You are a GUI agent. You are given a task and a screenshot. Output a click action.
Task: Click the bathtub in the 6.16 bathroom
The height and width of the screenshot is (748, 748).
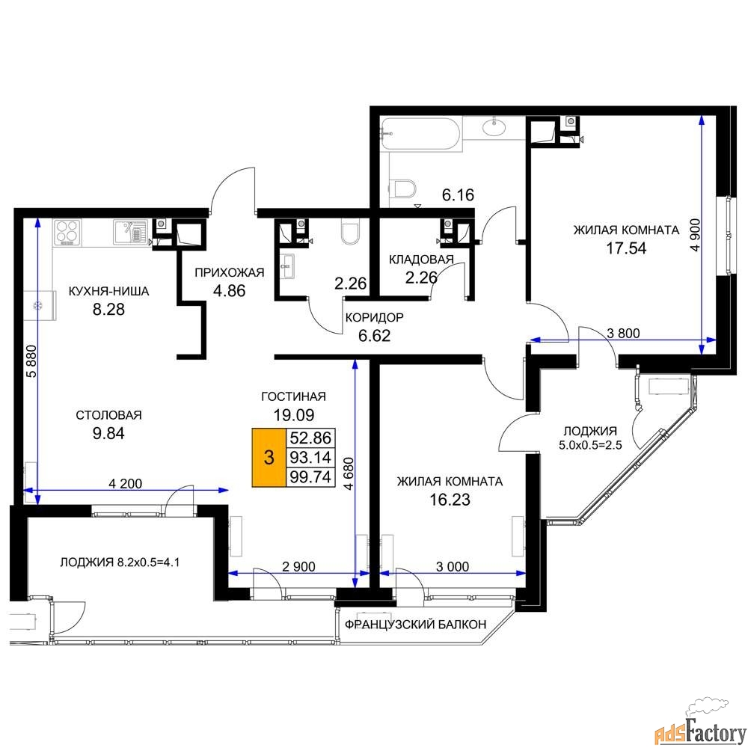coord(420,135)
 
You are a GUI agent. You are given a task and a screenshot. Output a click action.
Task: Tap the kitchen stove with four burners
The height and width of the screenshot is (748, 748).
coord(67,233)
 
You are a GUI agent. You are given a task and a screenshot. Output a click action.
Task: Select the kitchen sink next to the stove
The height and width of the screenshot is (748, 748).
coord(129,233)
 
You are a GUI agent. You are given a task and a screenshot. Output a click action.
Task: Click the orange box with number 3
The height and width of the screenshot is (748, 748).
coord(269,458)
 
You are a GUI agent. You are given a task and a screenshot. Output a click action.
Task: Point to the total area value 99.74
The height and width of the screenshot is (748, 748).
coord(310,476)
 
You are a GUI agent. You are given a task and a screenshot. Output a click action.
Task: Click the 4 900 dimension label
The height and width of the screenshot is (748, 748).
coord(696,235)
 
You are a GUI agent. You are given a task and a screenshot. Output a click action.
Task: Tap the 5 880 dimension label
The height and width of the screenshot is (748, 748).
coord(31,361)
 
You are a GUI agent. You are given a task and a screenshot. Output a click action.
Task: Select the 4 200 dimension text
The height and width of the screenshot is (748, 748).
coord(126,484)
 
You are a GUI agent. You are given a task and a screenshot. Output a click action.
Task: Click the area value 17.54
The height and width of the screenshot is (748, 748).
coord(626,248)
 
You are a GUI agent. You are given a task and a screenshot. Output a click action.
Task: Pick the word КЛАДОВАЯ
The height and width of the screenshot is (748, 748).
coord(421,260)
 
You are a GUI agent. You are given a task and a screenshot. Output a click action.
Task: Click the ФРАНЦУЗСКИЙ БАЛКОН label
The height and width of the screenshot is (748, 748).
coord(415,624)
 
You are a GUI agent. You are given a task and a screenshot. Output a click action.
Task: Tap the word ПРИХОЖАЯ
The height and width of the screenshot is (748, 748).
coord(229,272)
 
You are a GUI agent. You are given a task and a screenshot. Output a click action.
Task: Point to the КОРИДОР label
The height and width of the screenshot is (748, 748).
coord(375,317)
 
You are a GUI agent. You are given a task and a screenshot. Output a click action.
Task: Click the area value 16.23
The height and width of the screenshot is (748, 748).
coord(450,500)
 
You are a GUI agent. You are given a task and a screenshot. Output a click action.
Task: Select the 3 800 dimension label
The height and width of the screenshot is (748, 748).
coord(623,333)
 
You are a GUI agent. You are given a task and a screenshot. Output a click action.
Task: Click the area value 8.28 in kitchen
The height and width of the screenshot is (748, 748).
coord(108,309)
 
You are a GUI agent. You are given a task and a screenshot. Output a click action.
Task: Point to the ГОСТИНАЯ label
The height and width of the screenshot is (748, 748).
coord(293,396)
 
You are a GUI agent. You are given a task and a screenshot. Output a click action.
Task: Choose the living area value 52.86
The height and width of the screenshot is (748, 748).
coord(310,438)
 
